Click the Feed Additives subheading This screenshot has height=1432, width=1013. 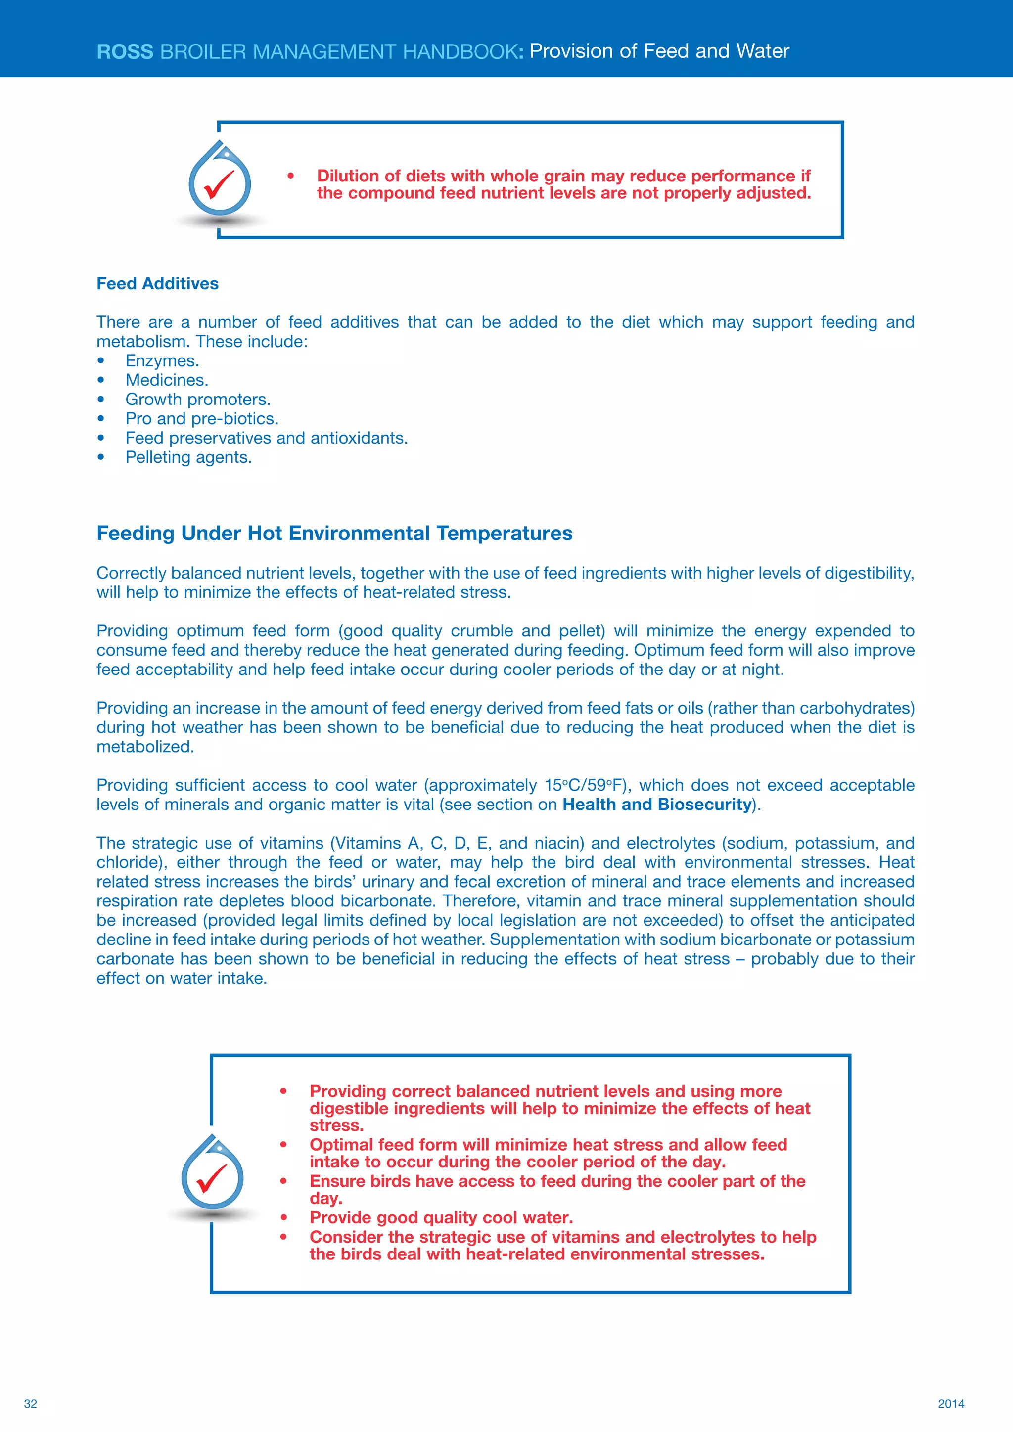pos(157,284)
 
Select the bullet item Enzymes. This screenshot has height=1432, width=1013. pos(162,361)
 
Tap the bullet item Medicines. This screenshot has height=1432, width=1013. pos(167,380)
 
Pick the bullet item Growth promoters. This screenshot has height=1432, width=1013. pos(198,400)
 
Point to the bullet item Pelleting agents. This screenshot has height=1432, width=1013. pos(188,458)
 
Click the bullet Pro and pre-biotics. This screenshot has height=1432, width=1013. pos(201,419)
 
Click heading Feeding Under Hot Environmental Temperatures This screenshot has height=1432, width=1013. pos(334,533)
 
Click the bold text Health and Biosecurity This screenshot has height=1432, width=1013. pos(657,805)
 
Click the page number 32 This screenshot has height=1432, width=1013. pos(30,1404)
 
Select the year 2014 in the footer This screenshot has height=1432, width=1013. pos(951,1404)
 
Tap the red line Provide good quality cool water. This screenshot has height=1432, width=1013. pos(441,1217)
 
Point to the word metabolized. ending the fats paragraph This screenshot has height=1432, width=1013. pos(145,747)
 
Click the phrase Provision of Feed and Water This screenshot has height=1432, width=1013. pos(659,51)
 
